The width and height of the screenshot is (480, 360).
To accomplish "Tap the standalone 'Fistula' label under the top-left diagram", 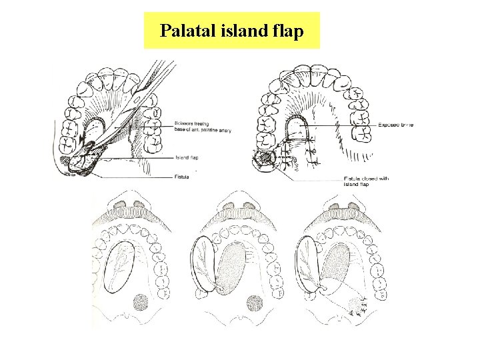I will click(182, 177).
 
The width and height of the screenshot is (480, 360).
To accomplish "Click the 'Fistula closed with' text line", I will click(367, 178).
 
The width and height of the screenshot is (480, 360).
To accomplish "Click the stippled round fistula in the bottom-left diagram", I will click(141, 303).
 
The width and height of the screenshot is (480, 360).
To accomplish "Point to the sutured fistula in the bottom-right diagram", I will click(356, 306).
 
